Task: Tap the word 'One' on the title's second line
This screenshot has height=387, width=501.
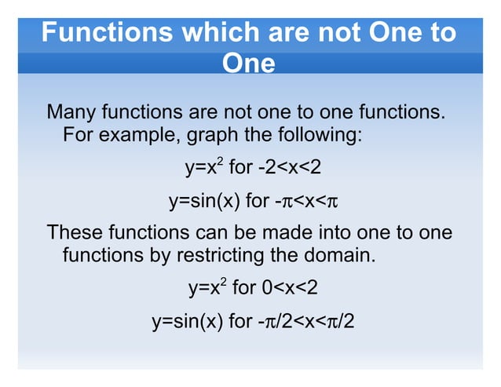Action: (x=249, y=63)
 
